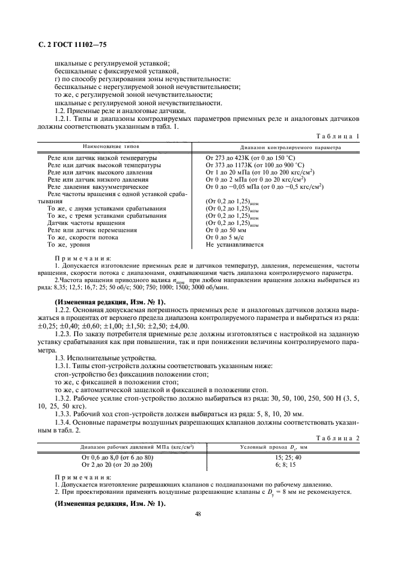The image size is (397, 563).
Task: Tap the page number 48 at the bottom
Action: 198,514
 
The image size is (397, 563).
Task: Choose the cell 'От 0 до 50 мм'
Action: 226,230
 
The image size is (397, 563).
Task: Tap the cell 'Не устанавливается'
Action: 234,245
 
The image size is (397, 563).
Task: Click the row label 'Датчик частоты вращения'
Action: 79,223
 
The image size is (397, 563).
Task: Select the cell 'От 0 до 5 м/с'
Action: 225,237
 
